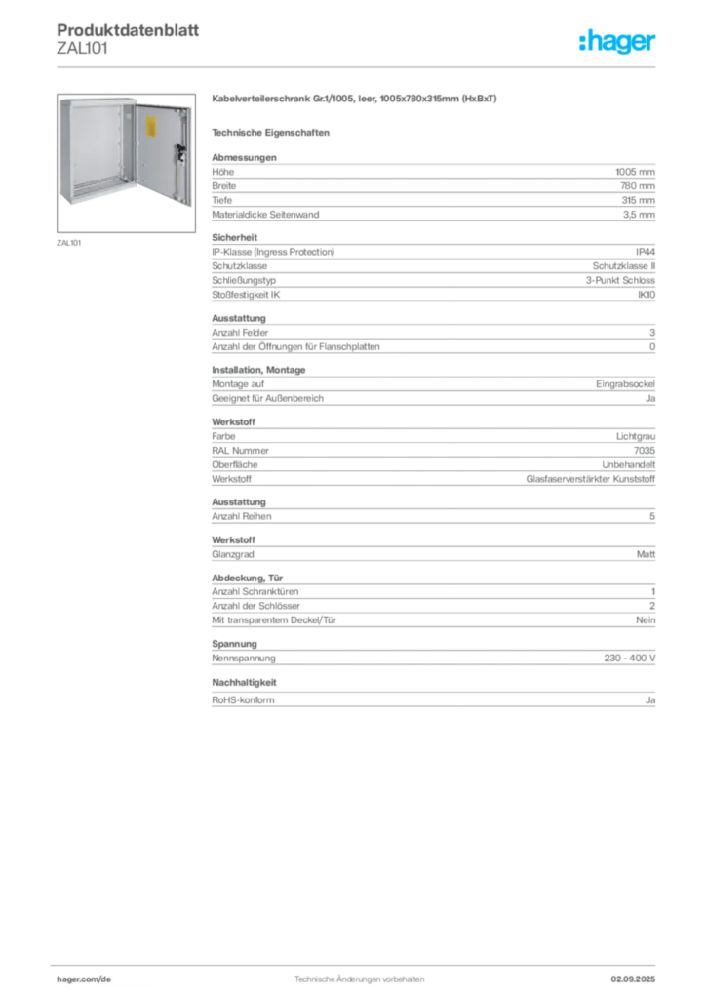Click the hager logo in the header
point(617,42)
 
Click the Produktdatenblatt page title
point(128,30)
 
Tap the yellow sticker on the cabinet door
point(151,127)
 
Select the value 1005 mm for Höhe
point(635,172)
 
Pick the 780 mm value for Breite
point(637,186)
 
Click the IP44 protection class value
point(645,252)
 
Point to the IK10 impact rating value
point(647,295)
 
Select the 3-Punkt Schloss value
point(620,280)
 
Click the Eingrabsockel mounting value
point(625,384)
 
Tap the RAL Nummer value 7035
point(645,451)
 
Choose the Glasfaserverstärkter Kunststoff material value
point(590,479)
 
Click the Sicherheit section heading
point(235,238)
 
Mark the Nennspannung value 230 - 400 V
point(630,659)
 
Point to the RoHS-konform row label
point(243,700)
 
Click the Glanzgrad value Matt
point(646,554)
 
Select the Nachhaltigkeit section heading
point(244,682)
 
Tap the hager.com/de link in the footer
point(84,979)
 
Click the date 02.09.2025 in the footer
point(633,979)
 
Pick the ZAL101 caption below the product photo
point(69,243)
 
